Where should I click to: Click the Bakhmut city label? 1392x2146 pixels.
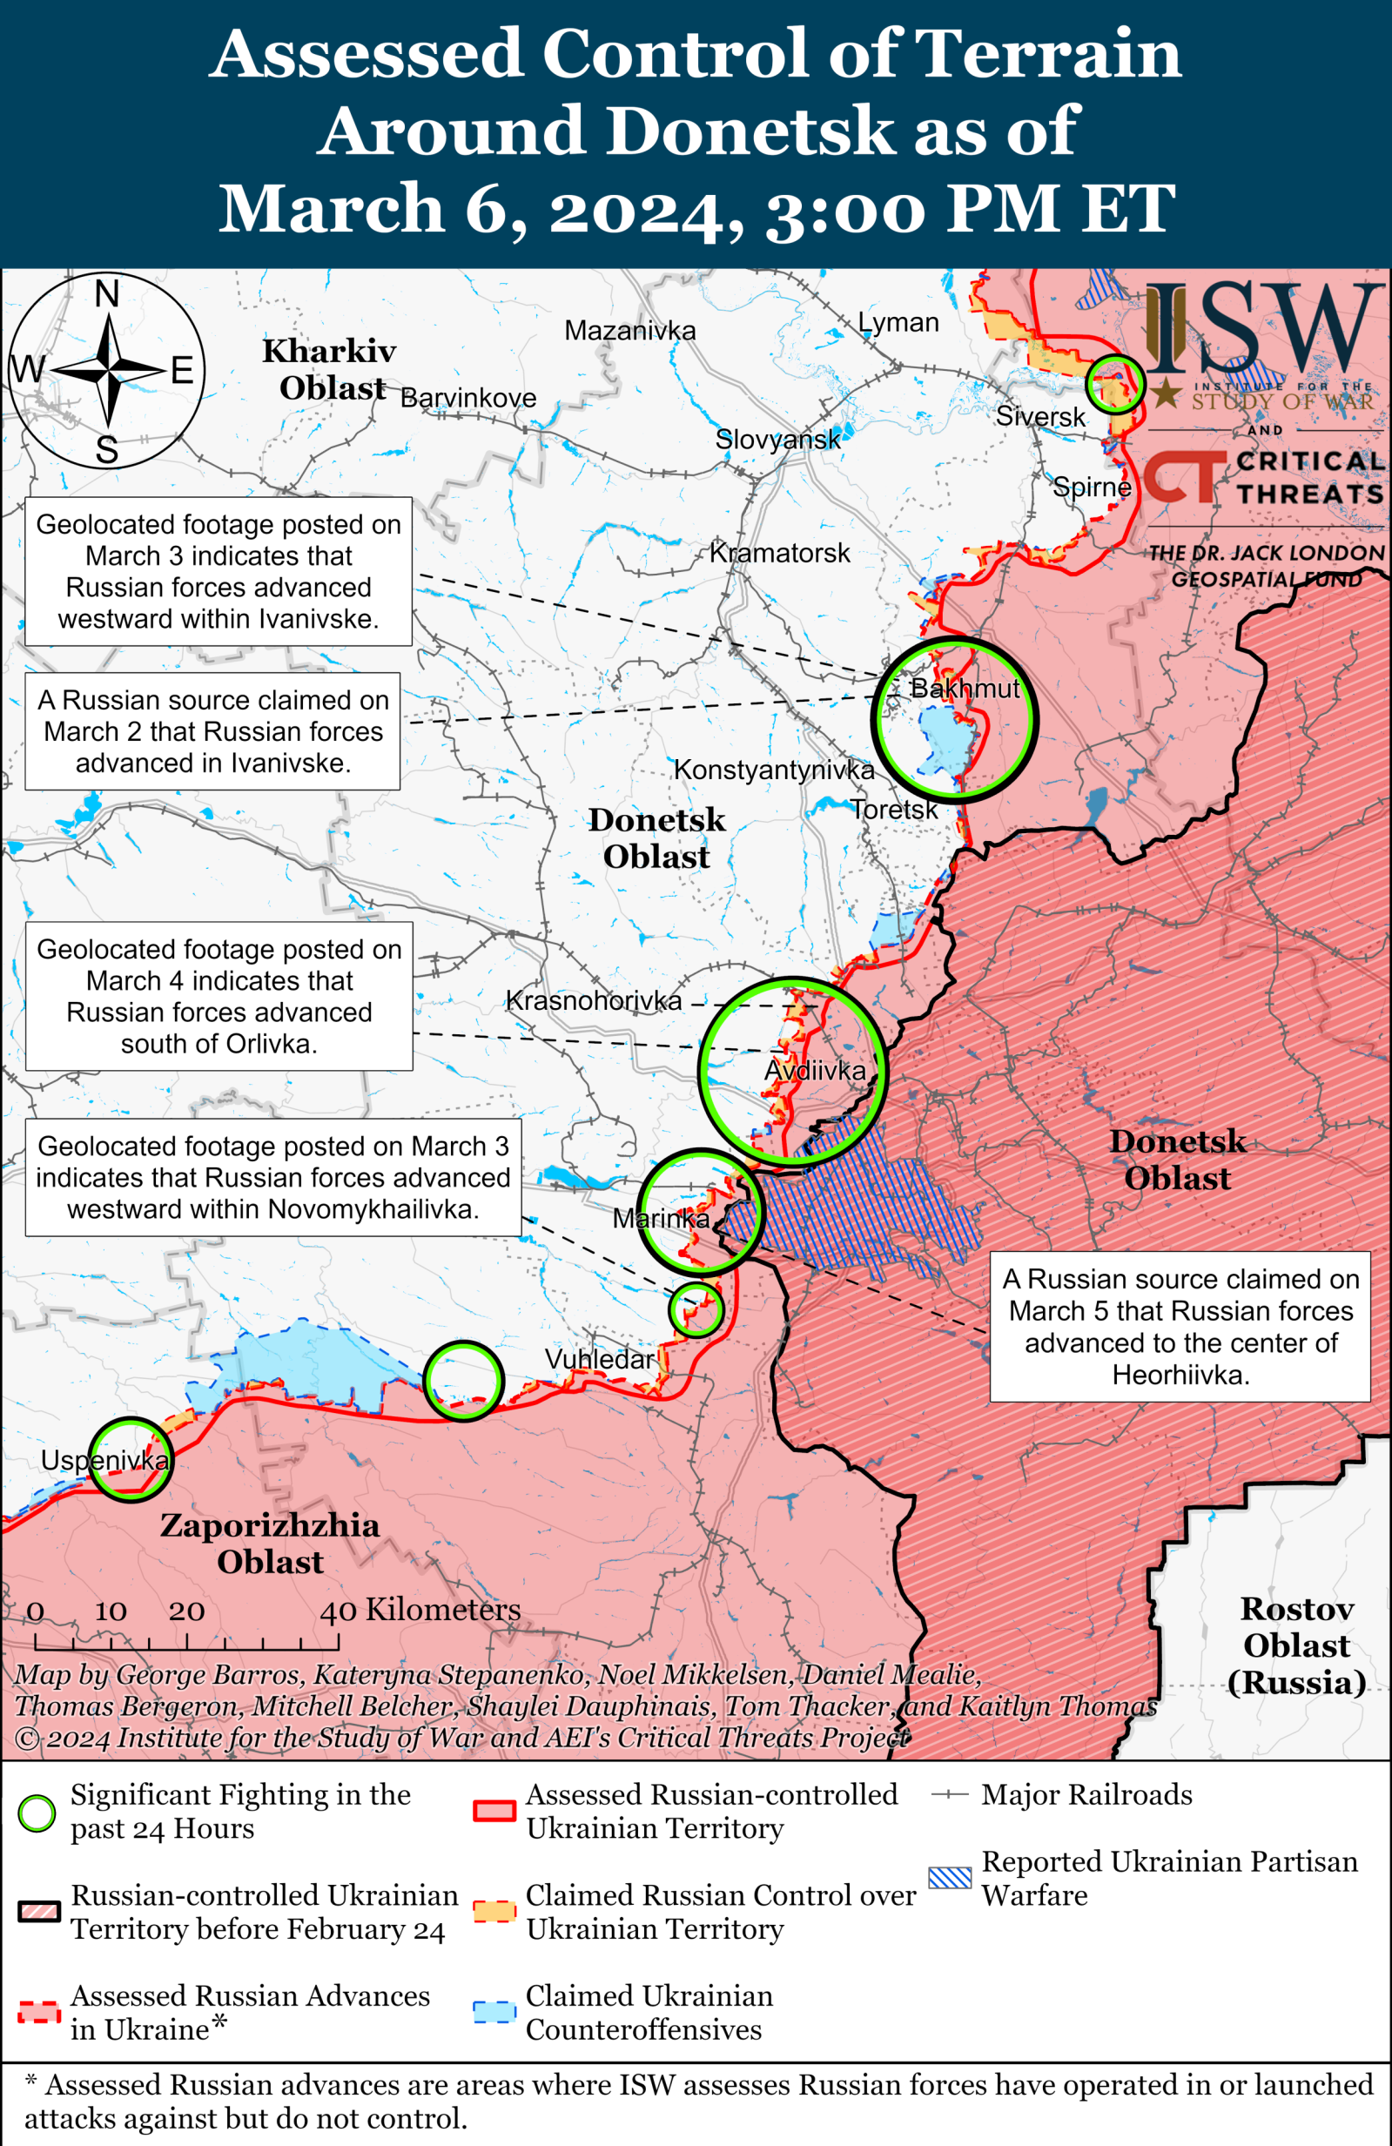965,689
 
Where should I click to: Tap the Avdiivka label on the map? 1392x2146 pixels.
815,1070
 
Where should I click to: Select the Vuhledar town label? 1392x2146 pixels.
599,1359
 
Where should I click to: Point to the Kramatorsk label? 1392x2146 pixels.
780,553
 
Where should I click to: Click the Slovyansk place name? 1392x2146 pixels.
777,439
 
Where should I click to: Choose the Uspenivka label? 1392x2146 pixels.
104,1460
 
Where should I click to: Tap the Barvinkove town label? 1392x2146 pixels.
467,398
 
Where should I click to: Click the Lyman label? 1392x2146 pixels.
898,323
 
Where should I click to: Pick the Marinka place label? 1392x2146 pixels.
661,1218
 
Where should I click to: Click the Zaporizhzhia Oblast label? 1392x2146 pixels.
270,1543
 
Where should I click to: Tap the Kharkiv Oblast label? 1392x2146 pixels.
329,369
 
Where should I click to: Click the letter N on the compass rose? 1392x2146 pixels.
107,294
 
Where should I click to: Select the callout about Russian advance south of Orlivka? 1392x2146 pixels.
219,995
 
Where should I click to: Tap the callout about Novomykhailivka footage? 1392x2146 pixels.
273,1177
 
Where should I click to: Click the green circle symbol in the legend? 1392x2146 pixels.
37,1813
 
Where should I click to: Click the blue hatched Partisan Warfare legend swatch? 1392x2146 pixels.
950,1878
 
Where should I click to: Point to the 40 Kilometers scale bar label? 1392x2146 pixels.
420,1610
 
